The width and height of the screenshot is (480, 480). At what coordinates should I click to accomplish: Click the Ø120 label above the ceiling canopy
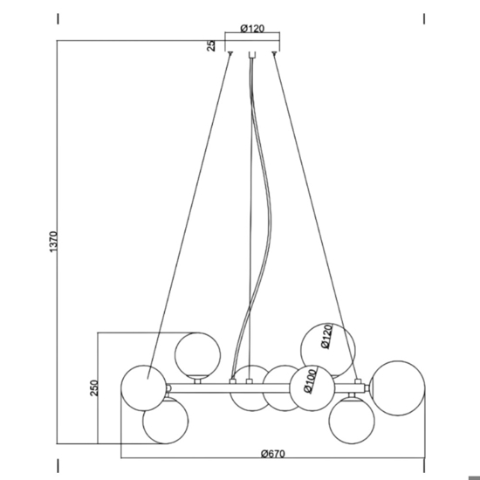(x=252, y=29)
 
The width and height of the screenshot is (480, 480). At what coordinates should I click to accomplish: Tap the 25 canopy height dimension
(x=211, y=45)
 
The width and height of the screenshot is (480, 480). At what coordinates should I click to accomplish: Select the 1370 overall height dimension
(x=53, y=242)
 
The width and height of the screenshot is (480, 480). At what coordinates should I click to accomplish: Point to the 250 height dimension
(x=94, y=387)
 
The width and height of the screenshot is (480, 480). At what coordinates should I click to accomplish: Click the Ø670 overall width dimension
(x=273, y=453)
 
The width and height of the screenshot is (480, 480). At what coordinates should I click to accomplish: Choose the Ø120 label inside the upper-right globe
(x=327, y=336)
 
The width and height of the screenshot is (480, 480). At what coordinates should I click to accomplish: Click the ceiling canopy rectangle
(x=252, y=46)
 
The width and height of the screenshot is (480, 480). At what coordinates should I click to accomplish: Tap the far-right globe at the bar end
(x=397, y=388)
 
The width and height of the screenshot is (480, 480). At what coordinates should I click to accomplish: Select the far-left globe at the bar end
(x=144, y=387)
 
